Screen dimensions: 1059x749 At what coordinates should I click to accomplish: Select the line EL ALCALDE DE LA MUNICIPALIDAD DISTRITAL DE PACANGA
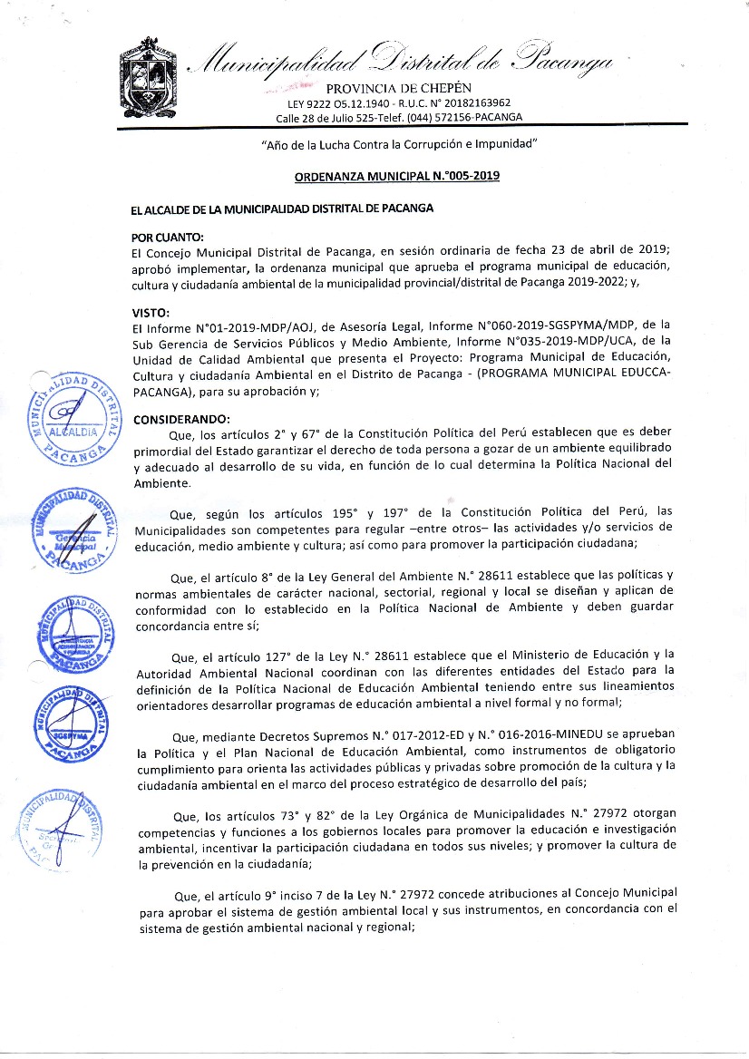pyautogui.click(x=282, y=208)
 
